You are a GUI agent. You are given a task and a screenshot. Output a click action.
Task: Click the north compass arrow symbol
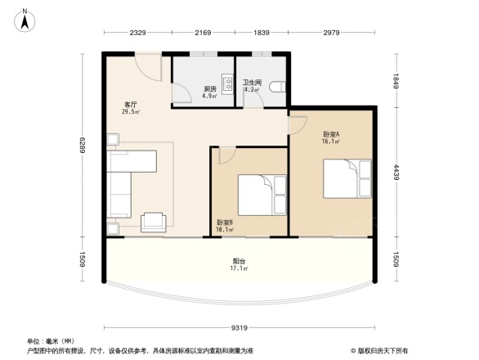[x=25, y=19]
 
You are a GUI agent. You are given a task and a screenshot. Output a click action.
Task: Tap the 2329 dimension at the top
[x=137, y=32]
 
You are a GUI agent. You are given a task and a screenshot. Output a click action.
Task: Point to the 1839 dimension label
[x=262, y=32]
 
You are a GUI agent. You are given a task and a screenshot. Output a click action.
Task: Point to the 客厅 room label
[x=130, y=106]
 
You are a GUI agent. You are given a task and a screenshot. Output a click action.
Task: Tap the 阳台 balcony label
[x=239, y=262]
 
